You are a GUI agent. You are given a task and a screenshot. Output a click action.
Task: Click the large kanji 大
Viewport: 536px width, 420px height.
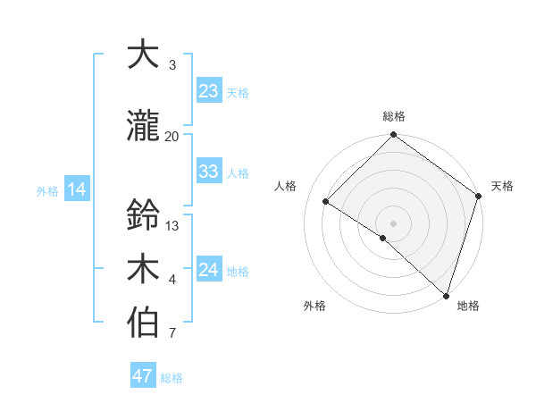(x=143, y=55)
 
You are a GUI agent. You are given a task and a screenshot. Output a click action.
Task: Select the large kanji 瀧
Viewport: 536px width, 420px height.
(x=143, y=126)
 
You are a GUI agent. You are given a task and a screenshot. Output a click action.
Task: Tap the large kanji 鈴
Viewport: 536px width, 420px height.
(x=143, y=214)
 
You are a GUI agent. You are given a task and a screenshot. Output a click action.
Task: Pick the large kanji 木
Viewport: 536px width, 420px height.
(x=143, y=269)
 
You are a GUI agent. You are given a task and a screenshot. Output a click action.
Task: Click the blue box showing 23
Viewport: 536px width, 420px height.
(x=209, y=91)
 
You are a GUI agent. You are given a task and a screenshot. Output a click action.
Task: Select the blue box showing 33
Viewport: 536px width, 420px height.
(x=209, y=172)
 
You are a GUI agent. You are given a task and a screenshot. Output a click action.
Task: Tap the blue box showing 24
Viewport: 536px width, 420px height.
(x=209, y=270)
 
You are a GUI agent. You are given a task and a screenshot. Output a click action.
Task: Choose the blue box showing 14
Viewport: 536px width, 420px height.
(x=77, y=189)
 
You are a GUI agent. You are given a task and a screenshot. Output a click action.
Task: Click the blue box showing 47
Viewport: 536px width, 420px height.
(x=143, y=376)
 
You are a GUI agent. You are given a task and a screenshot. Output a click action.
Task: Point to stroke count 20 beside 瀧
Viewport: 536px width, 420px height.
(x=172, y=136)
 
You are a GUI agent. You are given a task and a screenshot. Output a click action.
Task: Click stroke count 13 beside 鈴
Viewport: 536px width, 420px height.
(x=172, y=225)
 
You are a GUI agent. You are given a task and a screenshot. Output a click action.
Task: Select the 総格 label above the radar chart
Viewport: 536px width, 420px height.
(x=393, y=116)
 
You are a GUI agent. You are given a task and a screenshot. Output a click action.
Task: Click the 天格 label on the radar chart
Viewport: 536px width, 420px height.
(x=502, y=186)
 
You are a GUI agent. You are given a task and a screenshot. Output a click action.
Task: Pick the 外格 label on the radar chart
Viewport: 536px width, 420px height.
(x=314, y=306)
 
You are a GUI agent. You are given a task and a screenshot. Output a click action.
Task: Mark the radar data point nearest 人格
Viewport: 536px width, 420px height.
(x=326, y=202)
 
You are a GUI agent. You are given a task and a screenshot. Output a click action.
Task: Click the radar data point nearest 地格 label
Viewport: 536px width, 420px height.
(x=446, y=295)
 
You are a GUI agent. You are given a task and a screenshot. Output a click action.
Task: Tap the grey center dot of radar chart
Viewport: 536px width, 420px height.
(x=393, y=223)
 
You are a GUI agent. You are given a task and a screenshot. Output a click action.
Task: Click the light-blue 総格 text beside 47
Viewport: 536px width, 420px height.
(x=172, y=378)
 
